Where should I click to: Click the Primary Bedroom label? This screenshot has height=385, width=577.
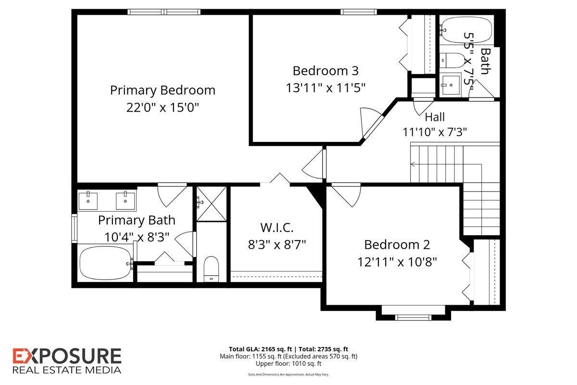[163, 90]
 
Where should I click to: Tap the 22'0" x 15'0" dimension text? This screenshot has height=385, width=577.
[163, 107]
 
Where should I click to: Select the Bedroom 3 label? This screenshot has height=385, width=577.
[326, 71]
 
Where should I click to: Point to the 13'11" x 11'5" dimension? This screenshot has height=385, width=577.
[326, 88]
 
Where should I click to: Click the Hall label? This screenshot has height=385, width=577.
[435, 117]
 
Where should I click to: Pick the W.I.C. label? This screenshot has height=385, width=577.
[277, 228]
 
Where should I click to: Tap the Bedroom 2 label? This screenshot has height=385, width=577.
[397, 245]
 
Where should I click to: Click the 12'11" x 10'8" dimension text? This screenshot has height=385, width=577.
[397, 262]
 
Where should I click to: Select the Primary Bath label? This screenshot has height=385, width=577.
[137, 220]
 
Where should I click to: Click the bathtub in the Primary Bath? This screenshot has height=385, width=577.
[105, 263]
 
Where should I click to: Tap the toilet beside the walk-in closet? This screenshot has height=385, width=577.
[211, 269]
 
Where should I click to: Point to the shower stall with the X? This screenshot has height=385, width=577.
[212, 204]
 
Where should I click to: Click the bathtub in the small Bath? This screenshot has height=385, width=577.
[466, 30]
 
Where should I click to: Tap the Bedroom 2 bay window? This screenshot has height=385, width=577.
[413, 317]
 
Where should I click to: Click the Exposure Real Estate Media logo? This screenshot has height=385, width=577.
[67, 360]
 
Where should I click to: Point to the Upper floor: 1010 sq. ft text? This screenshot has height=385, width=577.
[288, 364]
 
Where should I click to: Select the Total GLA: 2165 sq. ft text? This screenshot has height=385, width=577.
[261, 349]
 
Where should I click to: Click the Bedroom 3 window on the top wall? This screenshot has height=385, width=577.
[359, 12]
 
